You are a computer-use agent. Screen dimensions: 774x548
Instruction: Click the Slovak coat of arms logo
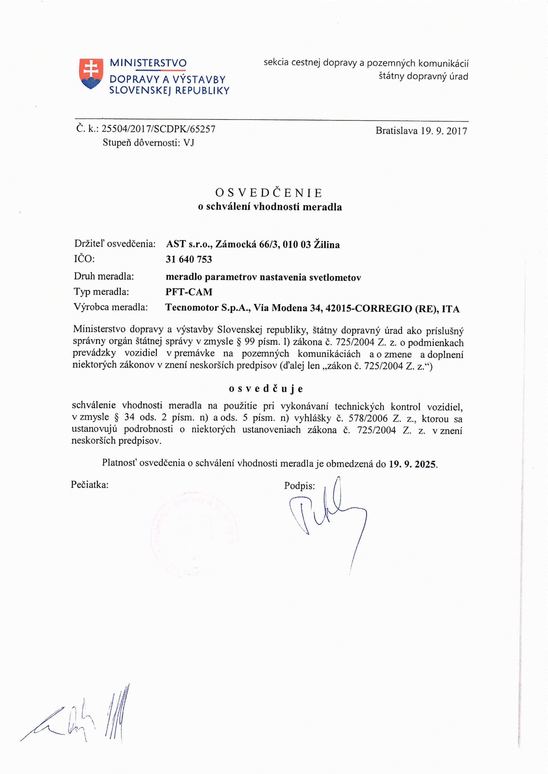click(x=91, y=74)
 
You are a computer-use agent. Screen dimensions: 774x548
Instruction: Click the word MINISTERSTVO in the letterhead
click(x=148, y=63)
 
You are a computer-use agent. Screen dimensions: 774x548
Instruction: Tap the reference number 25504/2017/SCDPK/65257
click(x=158, y=129)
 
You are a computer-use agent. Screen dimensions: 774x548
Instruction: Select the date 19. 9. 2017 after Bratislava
click(x=444, y=131)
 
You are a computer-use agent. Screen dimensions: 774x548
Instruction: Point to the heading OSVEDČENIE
click(x=269, y=193)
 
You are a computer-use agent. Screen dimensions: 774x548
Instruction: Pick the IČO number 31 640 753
click(x=189, y=259)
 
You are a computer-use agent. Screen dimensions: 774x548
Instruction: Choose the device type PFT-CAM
click(x=189, y=292)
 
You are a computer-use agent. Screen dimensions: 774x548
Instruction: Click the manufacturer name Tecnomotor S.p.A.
click(x=208, y=308)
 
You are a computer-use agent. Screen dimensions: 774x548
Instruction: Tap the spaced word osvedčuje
click(x=266, y=389)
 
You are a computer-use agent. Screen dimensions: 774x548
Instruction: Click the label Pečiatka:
click(x=90, y=485)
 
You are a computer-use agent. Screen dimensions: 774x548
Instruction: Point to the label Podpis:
click(x=299, y=486)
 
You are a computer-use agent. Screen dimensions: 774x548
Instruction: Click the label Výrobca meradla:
click(x=111, y=307)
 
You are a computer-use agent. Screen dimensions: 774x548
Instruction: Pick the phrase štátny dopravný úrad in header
click(x=423, y=76)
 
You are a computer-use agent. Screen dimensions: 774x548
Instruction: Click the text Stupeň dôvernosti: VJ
click(x=148, y=143)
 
